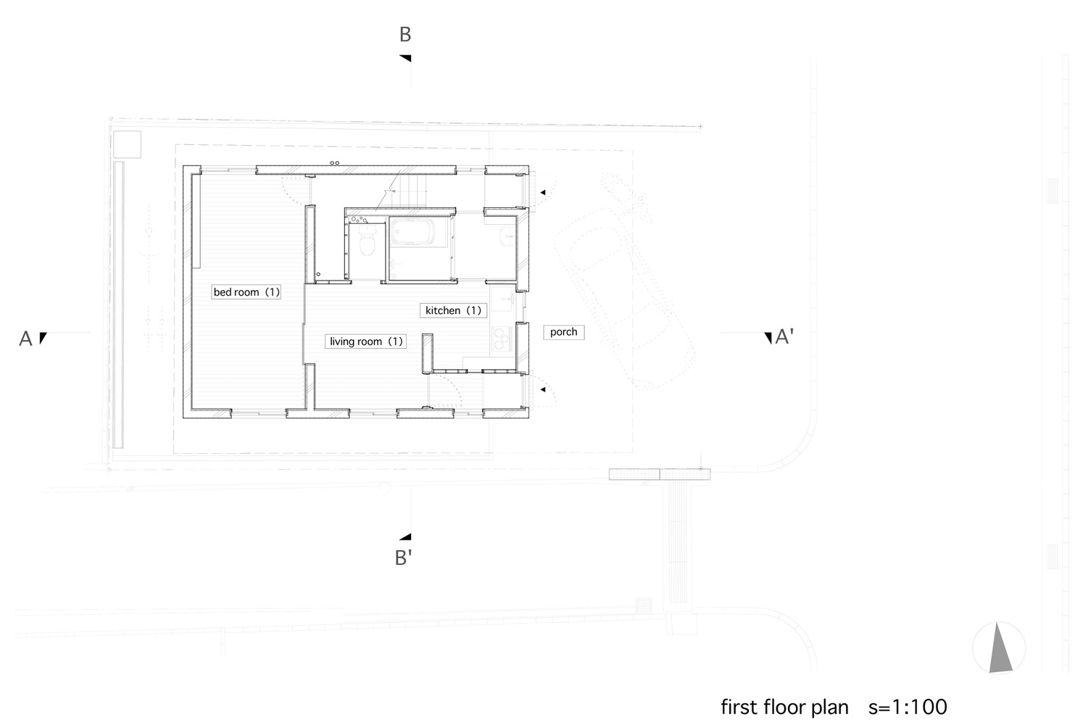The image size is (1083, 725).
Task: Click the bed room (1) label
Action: pyautogui.click(x=246, y=292)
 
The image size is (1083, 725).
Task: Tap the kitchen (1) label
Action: pyautogui.click(x=453, y=310)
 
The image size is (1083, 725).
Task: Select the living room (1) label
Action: pyautogui.click(x=365, y=341)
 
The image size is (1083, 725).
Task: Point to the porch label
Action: pyautogui.click(x=564, y=332)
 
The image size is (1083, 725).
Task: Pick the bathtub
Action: pyautogui.click(x=413, y=232)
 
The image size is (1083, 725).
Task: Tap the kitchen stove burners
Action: pyautogui.click(x=502, y=339)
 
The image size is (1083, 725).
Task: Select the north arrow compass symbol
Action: pyautogui.click(x=999, y=647)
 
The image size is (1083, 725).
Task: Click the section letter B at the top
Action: pyautogui.click(x=405, y=34)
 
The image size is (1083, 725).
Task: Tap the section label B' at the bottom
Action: pyautogui.click(x=403, y=558)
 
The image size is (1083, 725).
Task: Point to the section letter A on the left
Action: pyautogui.click(x=25, y=339)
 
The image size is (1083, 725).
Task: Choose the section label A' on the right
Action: pyautogui.click(x=784, y=336)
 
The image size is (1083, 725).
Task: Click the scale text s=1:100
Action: pyautogui.click(x=908, y=707)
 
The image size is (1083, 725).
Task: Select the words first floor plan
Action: pyautogui.click(x=784, y=707)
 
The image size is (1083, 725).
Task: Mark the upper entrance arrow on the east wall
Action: pyautogui.click(x=543, y=193)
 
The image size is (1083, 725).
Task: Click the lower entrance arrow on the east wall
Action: pyautogui.click(x=543, y=389)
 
